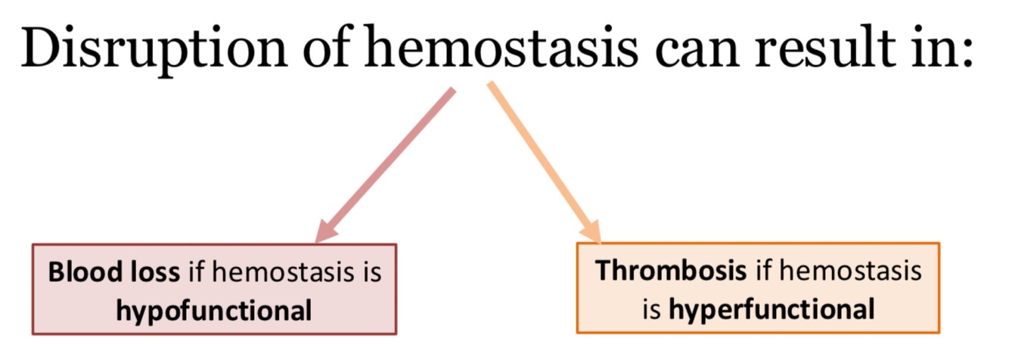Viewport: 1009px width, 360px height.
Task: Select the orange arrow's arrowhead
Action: (x=589, y=231)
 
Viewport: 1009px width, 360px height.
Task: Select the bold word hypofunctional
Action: (x=213, y=310)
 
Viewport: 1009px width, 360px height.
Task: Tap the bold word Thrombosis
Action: (x=670, y=271)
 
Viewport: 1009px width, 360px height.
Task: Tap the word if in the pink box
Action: (x=196, y=272)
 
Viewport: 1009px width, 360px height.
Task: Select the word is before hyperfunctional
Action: (x=650, y=309)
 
